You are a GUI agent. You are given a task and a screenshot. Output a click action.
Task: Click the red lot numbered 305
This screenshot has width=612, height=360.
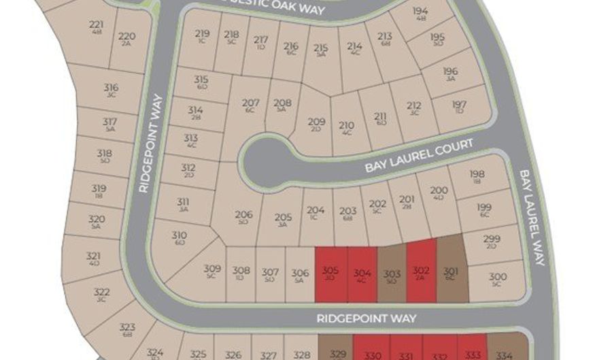pyautogui.click(x=330, y=274)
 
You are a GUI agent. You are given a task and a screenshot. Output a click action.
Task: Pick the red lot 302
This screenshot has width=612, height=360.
pyautogui.click(x=421, y=273)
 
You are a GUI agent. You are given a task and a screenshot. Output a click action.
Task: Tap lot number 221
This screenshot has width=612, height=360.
pyautogui.click(x=96, y=27)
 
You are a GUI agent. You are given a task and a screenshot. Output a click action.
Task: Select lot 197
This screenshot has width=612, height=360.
pyautogui.click(x=460, y=107)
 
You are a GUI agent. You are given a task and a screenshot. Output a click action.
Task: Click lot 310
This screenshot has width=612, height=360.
pyautogui.click(x=180, y=238)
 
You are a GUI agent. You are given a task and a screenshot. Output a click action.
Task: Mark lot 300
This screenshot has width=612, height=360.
pyautogui.click(x=498, y=279)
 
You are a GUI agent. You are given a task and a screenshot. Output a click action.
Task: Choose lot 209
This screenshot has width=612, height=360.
pyautogui.click(x=316, y=125)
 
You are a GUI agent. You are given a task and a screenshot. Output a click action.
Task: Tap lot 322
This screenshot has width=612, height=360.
pyautogui.click(x=102, y=293)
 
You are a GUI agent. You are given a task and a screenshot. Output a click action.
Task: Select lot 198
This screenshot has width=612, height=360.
pyautogui.click(x=477, y=177)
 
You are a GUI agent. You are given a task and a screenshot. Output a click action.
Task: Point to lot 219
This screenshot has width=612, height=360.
pyautogui.click(x=202, y=35)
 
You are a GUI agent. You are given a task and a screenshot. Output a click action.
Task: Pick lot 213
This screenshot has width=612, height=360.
pyautogui.click(x=385, y=39)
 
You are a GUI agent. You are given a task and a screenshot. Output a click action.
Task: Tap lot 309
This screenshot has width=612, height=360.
pyautogui.click(x=212, y=272)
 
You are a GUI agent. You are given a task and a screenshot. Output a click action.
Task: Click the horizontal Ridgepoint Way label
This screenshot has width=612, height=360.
pyautogui.click(x=366, y=318)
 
